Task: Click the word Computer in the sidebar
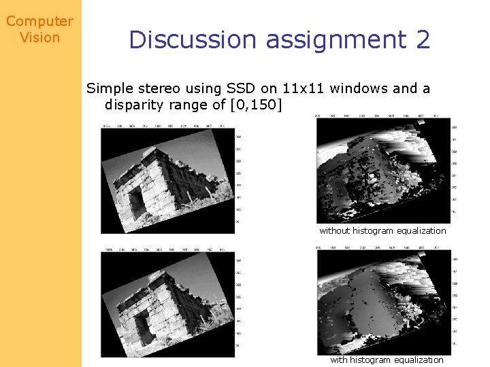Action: click(39, 21)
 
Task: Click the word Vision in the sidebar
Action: click(39, 37)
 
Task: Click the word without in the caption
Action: click(334, 230)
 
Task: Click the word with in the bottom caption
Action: click(339, 360)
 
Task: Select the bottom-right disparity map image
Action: click(382, 303)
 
